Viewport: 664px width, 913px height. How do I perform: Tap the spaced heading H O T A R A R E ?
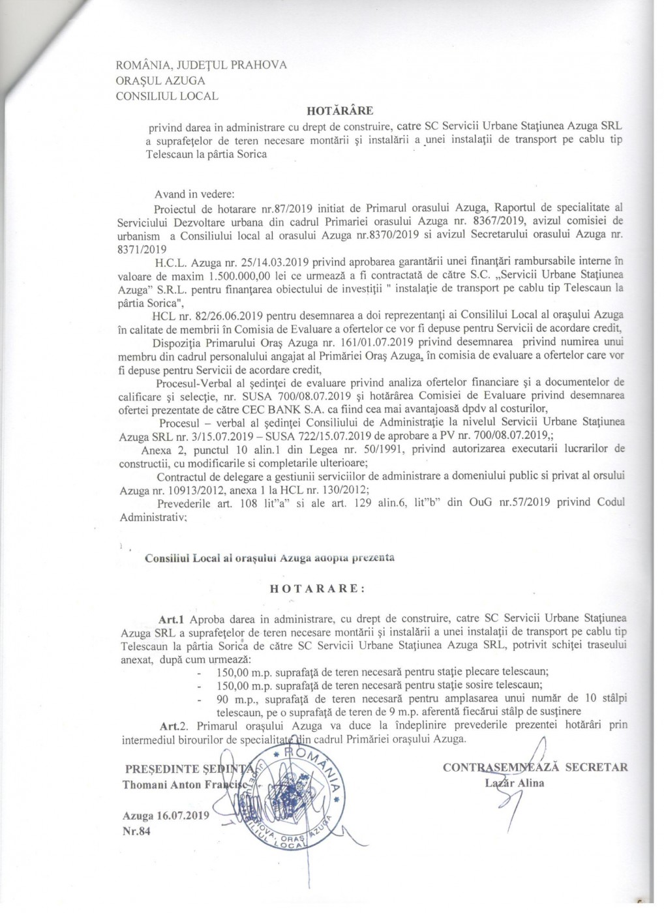click(318, 587)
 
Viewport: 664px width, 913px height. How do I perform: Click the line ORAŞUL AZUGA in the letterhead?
click(160, 81)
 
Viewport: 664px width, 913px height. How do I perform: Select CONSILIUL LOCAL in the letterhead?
click(167, 96)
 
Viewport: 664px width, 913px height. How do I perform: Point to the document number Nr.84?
click(136, 831)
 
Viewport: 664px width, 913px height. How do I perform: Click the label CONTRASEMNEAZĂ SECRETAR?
click(535, 767)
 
